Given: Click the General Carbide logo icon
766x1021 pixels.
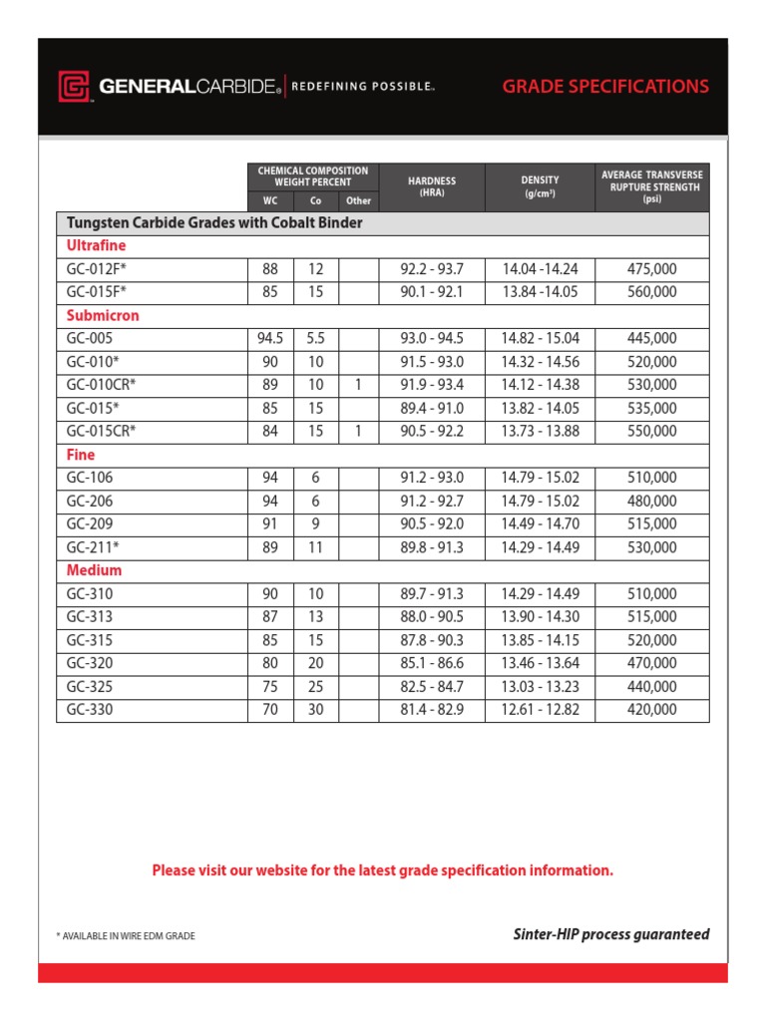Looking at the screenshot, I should click(x=76, y=87).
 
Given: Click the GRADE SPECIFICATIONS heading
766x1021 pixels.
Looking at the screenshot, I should click(x=605, y=86).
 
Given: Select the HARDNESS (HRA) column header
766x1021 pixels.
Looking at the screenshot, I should click(x=432, y=186).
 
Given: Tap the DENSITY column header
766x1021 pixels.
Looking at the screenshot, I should click(x=540, y=186).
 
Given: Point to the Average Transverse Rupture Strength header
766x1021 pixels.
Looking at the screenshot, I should click(x=652, y=186).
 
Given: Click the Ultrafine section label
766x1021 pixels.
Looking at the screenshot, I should click(x=96, y=245).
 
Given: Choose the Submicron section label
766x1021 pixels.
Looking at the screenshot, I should click(x=103, y=315).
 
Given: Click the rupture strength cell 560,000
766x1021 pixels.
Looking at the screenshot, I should click(x=652, y=292).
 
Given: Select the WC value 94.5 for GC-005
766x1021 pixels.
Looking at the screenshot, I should click(x=270, y=338).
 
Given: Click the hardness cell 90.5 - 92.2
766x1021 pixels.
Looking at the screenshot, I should click(x=432, y=431).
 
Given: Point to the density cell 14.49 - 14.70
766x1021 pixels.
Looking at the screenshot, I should click(x=540, y=523).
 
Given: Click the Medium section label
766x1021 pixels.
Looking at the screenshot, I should click(x=94, y=570).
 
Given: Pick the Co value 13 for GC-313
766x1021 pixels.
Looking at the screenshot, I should click(x=316, y=616).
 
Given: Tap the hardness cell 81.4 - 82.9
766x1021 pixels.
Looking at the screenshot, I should click(x=432, y=710).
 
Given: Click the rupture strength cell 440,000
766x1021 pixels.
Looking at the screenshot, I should click(x=652, y=686).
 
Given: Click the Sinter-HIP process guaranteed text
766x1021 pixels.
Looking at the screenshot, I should click(x=610, y=934).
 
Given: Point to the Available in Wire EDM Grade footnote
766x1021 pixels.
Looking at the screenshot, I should click(x=126, y=936).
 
